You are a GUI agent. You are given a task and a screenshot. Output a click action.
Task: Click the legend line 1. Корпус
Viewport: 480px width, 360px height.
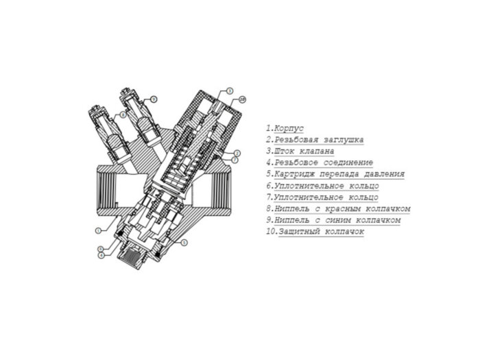point(285,128)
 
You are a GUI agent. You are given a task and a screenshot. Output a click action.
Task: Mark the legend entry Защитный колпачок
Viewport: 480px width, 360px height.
point(315,232)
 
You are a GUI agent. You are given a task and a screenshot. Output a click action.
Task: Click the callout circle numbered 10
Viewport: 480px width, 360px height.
point(242,100)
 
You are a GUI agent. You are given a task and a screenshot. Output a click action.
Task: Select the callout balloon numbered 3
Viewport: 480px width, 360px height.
point(230,91)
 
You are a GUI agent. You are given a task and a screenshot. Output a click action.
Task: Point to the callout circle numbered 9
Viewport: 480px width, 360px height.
point(154,99)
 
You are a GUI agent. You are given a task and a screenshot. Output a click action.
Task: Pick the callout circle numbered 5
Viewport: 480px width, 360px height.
point(184,243)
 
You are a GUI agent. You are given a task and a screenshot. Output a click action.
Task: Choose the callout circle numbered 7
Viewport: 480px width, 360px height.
point(235,159)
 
